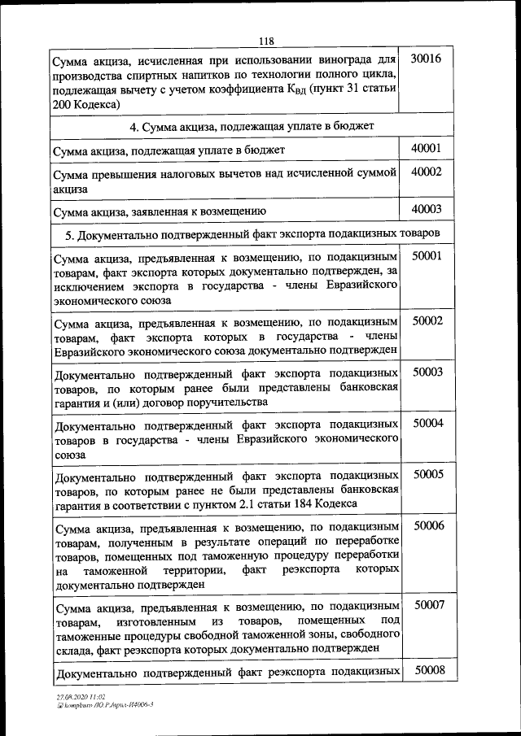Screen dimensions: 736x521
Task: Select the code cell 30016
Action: [x=426, y=60]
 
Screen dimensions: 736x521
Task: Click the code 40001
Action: [x=426, y=148]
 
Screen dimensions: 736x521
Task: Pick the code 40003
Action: [x=426, y=209]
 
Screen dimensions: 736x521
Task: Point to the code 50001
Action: [x=427, y=255]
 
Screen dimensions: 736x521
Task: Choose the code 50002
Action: [x=427, y=321]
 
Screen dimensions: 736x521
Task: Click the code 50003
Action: [x=427, y=372]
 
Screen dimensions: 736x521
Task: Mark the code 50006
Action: [x=429, y=526]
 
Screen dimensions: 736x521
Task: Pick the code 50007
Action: [x=429, y=605]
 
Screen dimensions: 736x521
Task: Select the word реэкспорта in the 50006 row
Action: [x=313, y=570]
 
